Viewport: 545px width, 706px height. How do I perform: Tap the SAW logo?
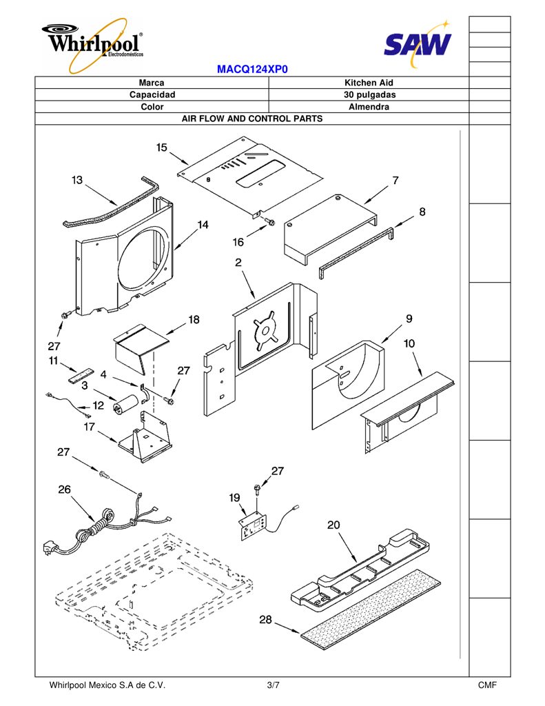[x=418, y=44]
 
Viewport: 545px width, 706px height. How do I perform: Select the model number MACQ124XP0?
[x=252, y=70]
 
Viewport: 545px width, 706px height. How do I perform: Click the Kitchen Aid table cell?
[x=369, y=83]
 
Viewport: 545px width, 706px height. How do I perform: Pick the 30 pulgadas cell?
[x=369, y=95]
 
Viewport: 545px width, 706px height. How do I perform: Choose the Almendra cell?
[x=369, y=107]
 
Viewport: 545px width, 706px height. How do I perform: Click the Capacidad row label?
[x=152, y=95]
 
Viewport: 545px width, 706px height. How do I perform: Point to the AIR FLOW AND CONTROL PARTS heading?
[x=252, y=119]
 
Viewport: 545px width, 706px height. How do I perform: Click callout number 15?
[x=161, y=148]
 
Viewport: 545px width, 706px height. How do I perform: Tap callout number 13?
[x=77, y=180]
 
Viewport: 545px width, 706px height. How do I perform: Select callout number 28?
[x=265, y=620]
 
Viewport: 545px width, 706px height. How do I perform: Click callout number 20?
[x=333, y=525]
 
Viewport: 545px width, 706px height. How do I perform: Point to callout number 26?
[x=64, y=490]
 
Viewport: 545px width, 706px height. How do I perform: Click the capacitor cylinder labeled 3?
[x=125, y=403]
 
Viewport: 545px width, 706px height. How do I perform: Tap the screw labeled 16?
[x=269, y=221]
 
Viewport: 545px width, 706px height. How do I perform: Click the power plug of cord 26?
[x=50, y=549]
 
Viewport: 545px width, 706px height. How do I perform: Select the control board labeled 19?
[x=253, y=526]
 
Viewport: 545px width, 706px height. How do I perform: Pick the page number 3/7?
[x=273, y=685]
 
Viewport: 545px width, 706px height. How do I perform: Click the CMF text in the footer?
[x=487, y=685]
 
